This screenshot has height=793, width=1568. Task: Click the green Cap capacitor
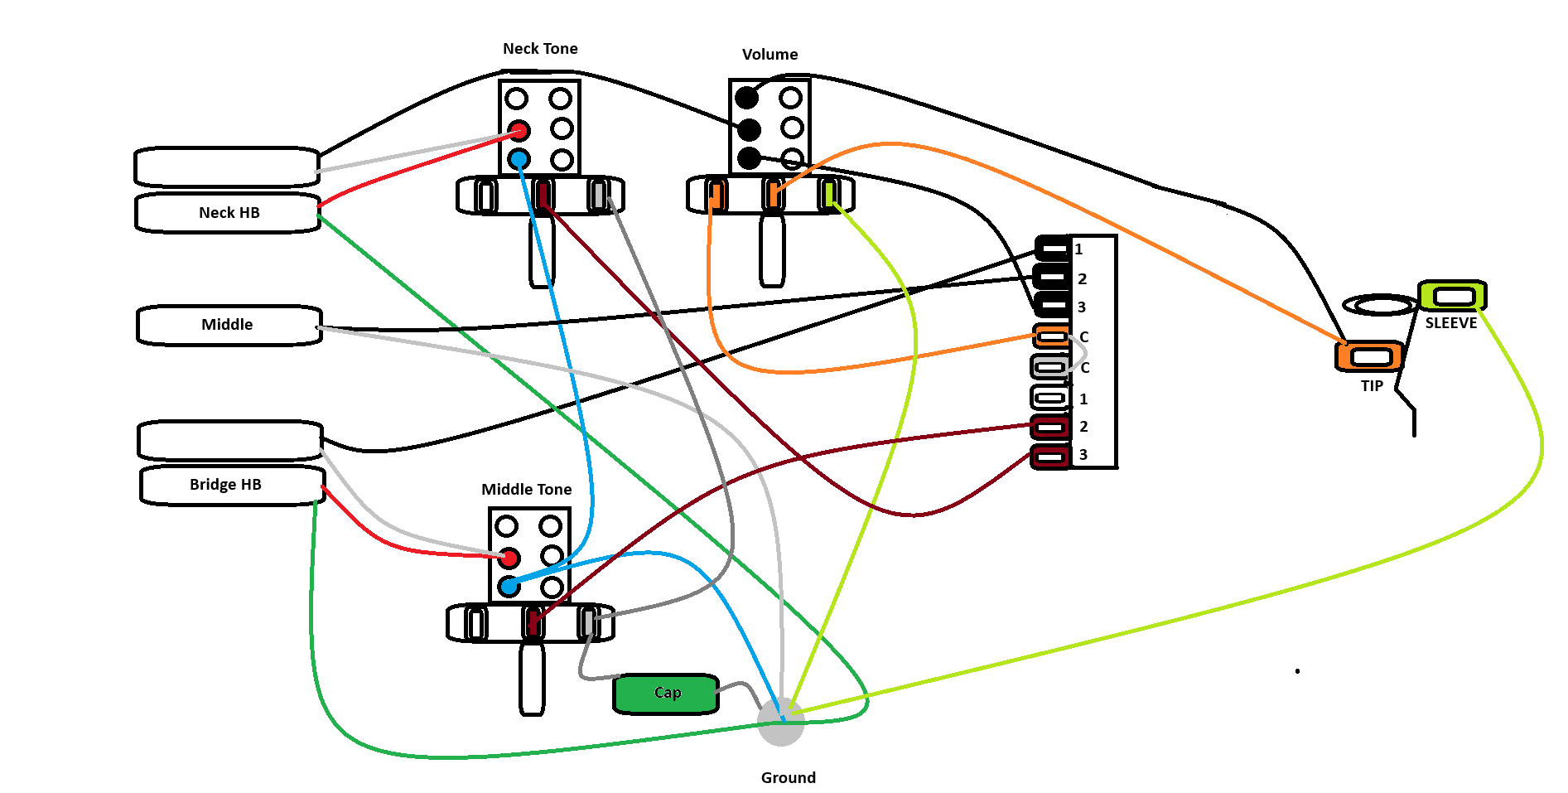point(666,694)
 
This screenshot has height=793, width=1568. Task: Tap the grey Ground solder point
point(781,722)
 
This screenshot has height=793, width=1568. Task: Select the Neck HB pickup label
point(229,213)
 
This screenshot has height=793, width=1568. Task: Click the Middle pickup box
point(229,325)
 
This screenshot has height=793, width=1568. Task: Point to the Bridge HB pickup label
point(225,485)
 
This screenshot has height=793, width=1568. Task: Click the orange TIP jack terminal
point(1370,357)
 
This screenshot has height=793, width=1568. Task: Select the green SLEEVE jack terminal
point(1453,296)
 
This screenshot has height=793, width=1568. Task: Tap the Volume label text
point(770,55)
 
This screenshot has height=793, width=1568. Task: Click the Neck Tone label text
point(540,49)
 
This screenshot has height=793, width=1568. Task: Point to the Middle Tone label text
point(526,490)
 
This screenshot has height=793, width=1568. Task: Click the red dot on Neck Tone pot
point(519,131)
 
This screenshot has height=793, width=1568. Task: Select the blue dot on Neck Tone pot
point(519,159)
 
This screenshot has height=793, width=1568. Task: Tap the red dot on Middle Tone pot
point(509,558)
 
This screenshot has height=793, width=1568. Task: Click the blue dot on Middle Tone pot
point(509,587)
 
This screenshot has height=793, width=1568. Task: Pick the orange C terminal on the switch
point(1052,336)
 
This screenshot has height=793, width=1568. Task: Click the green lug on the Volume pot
point(829,194)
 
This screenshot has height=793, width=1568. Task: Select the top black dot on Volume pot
point(747,98)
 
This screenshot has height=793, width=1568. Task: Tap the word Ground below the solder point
point(788,778)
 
